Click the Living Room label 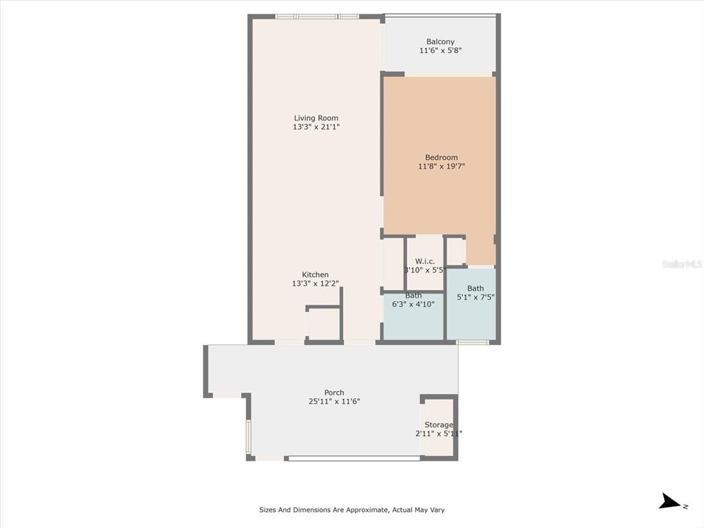tap(316, 118)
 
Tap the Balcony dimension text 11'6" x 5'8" tap(441, 50)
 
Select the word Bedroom tap(441, 157)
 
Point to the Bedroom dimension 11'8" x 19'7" tap(441, 166)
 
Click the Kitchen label tap(315, 275)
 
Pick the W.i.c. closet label tap(425, 261)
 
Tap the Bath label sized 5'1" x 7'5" tap(476, 288)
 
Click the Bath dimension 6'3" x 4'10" tap(413, 305)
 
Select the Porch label tap(334, 393)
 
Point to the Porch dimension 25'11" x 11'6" tap(334, 401)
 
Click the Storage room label tap(439, 425)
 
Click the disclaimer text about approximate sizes tap(351, 509)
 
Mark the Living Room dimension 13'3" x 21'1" tap(316, 127)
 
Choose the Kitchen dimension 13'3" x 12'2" tap(315, 283)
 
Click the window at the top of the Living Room tap(317, 16)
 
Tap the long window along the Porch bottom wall tap(354, 459)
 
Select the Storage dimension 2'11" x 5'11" tap(439, 434)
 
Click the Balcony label tap(441, 42)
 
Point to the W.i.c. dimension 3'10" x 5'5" tap(425, 270)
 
